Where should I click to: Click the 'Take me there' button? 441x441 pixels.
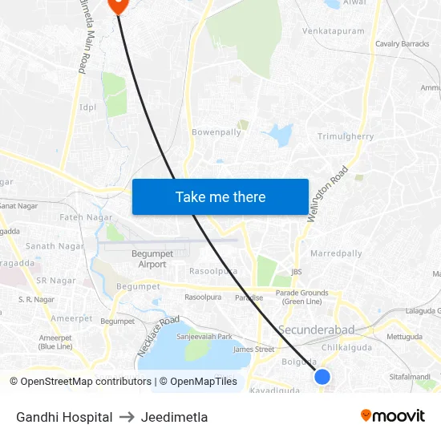point(220,196)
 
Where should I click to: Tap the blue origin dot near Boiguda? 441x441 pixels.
point(322,376)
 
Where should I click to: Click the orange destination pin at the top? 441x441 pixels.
point(117,4)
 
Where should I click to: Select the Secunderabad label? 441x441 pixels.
point(316,330)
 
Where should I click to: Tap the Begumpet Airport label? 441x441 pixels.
point(147,259)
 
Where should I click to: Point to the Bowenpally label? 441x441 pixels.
point(216,132)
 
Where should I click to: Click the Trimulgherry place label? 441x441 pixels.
point(346,136)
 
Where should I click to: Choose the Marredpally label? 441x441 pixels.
point(336,253)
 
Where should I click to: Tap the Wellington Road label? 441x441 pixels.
point(329,194)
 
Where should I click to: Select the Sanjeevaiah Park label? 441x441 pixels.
point(204,337)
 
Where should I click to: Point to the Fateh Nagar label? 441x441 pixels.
point(86,217)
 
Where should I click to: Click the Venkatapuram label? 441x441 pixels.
point(333,31)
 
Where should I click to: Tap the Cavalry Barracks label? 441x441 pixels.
point(403,43)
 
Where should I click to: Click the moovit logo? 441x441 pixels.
point(392,416)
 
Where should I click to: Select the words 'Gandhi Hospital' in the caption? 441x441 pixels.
point(64,417)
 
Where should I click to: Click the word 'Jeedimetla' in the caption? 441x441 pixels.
point(174,417)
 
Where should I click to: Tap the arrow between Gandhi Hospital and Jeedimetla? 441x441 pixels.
point(127,417)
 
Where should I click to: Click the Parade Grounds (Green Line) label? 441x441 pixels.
point(302,297)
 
